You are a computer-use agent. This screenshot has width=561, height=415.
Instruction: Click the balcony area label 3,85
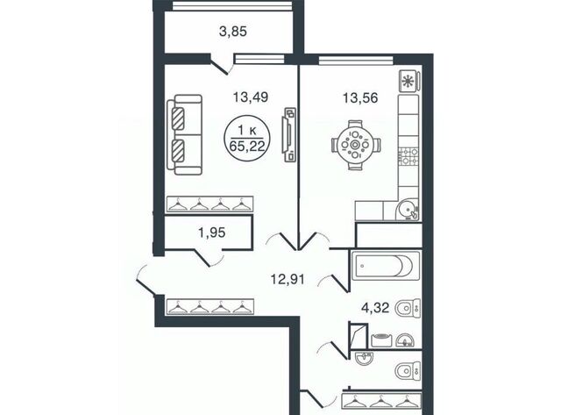(x=233, y=32)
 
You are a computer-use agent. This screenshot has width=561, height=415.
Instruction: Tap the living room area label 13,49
(x=251, y=97)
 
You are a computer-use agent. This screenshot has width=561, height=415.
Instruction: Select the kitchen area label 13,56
(x=360, y=97)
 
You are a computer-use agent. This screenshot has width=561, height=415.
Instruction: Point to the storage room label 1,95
(x=212, y=233)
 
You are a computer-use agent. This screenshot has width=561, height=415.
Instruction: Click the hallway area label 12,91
(x=288, y=279)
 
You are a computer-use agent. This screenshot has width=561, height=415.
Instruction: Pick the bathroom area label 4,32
(x=375, y=307)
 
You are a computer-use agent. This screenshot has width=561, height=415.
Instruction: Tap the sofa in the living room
(x=184, y=134)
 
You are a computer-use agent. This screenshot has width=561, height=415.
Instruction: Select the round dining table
(x=355, y=145)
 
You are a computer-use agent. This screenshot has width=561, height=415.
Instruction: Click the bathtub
(x=386, y=266)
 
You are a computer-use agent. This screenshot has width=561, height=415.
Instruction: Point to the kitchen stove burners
(x=408, y=156)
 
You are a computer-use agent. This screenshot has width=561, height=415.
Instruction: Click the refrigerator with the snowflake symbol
(x=409, y=81)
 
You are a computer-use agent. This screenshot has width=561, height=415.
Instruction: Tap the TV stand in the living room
(x=289, y=134)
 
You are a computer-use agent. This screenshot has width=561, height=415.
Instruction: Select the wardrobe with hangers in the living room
(x=210, y=204)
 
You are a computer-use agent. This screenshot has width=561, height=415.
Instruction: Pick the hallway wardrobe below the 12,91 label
(x=210, y=307)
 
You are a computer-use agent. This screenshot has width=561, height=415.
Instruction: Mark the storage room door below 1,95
(x=209, y=257)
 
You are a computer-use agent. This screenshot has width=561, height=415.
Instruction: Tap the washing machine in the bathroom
(x=382, y=340)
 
